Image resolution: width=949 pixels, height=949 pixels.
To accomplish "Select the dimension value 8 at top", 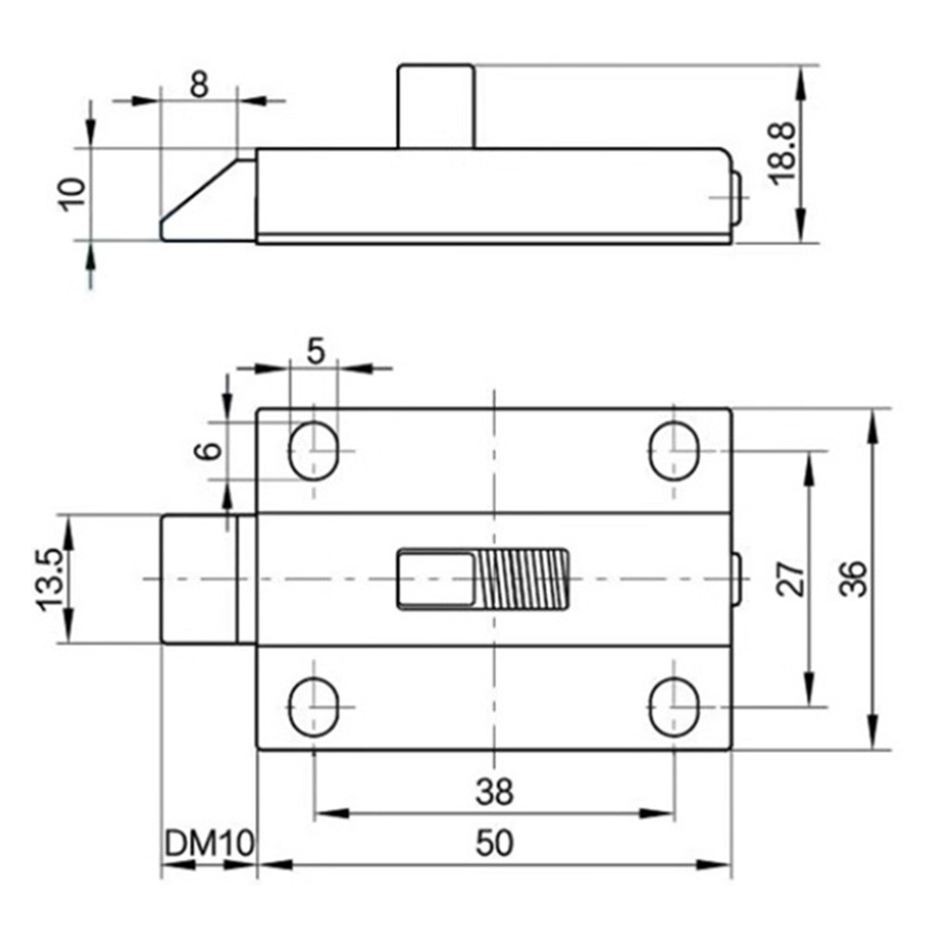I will point(198,83).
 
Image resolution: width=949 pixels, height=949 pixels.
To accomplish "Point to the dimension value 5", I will point(315,350).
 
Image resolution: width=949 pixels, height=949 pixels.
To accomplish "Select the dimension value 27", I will point(792,578).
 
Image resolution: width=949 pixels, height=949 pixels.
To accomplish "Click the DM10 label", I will point(209,843).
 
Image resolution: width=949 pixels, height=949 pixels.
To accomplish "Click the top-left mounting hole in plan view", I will point(315,450).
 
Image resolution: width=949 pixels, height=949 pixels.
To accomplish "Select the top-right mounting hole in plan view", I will point(674,450).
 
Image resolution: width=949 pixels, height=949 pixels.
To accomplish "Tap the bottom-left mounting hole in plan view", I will point(315,707).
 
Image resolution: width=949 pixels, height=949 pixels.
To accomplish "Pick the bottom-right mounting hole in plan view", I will point(674,707).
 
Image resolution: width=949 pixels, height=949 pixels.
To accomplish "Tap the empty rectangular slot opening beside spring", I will point(434,578).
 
